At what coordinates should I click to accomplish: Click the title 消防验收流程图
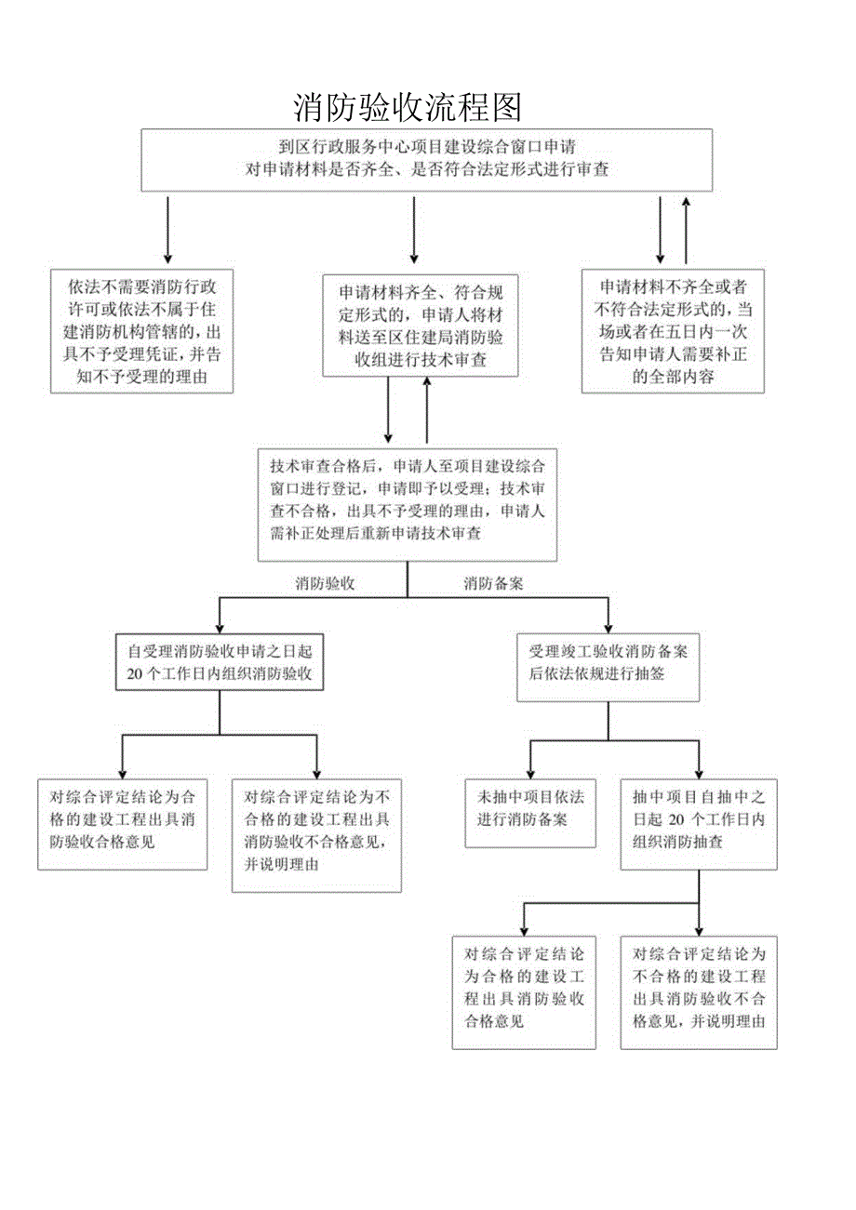(408, 108)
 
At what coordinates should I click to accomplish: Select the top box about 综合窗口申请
(427, 159)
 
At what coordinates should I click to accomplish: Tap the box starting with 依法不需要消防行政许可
(141, 331)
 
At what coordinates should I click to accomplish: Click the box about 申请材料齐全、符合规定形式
(420, 325)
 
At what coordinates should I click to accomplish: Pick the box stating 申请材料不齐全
(673, 331)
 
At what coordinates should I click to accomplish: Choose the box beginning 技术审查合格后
(407, 503)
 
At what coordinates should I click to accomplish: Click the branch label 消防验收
(325, 583)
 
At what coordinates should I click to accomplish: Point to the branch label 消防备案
(493, 583)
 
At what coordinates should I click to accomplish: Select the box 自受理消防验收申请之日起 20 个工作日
(220, 663)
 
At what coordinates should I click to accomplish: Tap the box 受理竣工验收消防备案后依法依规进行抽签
(609, 667)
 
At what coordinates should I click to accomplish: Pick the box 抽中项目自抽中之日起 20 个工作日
(698, 824)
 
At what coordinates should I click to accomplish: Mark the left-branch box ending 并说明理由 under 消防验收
(316, 835)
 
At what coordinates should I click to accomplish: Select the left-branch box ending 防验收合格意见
(122, 824)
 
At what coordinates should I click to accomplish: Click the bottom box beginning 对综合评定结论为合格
(524, 992)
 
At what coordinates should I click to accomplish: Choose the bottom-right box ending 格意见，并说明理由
(698, 992)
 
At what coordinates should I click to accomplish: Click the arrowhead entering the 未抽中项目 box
(530, 773)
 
